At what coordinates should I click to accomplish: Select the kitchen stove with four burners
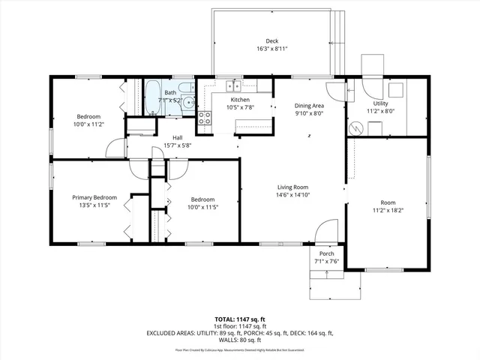[204, 116]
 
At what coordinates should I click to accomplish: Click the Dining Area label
[308, 106]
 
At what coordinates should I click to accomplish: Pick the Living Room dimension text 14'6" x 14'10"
[293, 195]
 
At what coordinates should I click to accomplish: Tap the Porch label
[326, 253]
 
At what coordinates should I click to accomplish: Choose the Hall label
[178, 137]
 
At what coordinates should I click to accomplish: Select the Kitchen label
[240, 99]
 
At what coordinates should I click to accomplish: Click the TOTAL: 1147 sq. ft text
[239, 319]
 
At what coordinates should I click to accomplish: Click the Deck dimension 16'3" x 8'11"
[271, 49]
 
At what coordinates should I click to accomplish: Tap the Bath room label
[171, 92]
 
